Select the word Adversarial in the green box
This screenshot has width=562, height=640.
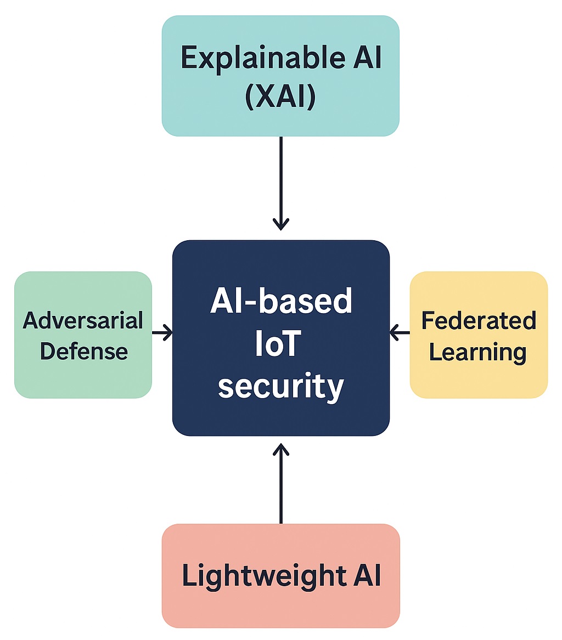point(83,320)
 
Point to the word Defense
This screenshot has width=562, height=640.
point(84,351)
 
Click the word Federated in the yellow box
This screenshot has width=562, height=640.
point(479,320)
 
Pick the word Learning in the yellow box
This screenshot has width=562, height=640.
point(477,352)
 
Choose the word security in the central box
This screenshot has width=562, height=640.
point(280,387)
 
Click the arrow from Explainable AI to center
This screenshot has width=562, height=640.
point(280,181)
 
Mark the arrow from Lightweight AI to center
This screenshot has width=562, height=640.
point(280,483)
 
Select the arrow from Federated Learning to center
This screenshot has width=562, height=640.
point(400,332)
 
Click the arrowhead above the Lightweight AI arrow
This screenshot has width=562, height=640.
point(280,449)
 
